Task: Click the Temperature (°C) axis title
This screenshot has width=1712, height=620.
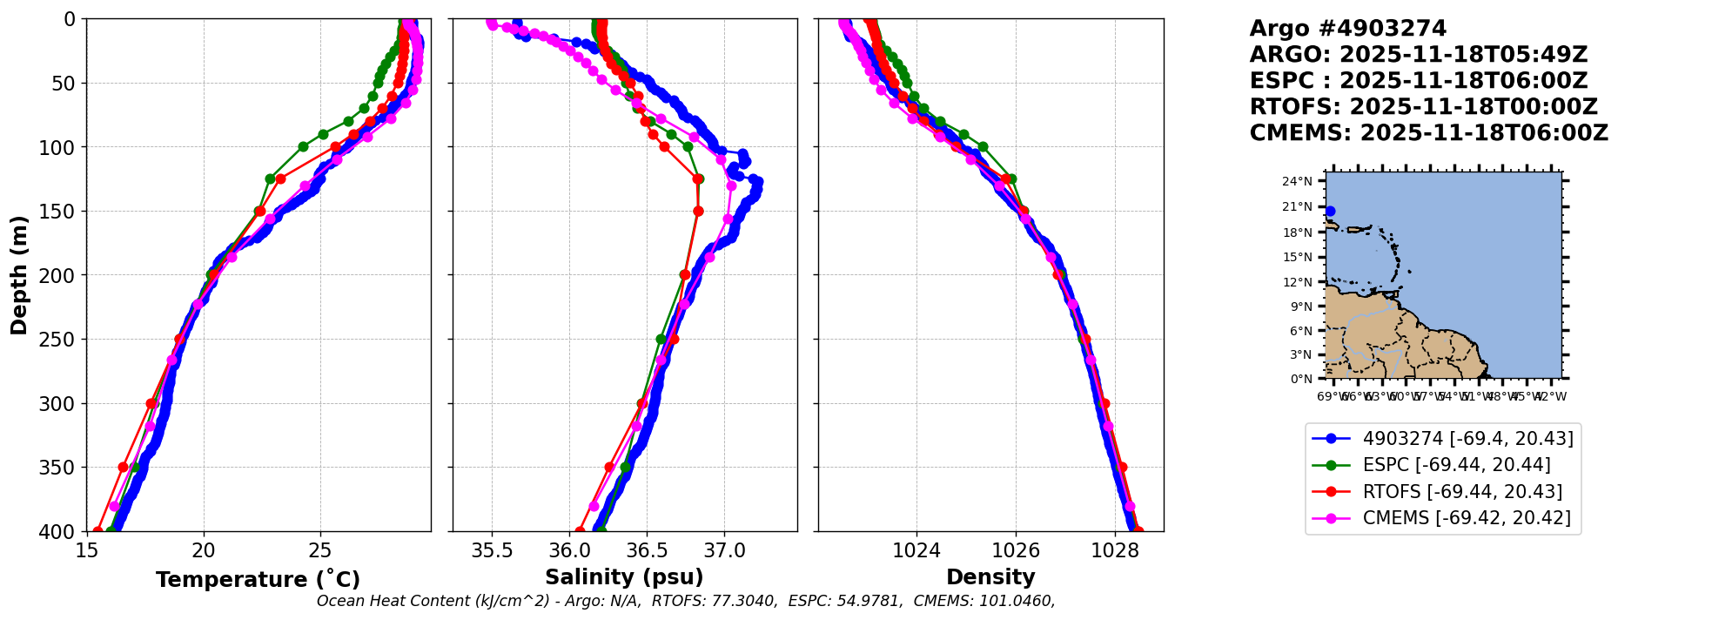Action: point(258,580)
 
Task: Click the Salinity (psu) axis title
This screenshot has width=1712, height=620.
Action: point(624,577)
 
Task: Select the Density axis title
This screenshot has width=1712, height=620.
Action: point(990,577)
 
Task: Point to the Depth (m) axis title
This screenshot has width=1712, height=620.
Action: point(19,275)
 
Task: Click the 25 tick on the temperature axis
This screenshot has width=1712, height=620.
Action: point(320,550)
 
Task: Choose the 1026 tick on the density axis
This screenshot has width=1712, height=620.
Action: point(1016,550)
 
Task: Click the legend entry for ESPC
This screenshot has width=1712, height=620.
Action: point(1456,465)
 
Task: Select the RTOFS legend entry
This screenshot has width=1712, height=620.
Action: point(1462,492)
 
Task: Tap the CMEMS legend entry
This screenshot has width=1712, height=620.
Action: point(1467,518)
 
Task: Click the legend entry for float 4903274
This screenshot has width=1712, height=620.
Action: point(1467,439)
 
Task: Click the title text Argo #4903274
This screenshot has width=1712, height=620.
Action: point(1347,29)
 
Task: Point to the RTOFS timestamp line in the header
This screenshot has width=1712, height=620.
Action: point(1423,107)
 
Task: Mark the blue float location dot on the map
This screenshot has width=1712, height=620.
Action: point(1330,211)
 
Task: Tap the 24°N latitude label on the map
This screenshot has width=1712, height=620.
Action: point(1297,181)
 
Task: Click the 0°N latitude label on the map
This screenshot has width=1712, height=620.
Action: point(1301,379)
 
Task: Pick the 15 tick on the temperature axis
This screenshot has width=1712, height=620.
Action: point(86,550)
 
